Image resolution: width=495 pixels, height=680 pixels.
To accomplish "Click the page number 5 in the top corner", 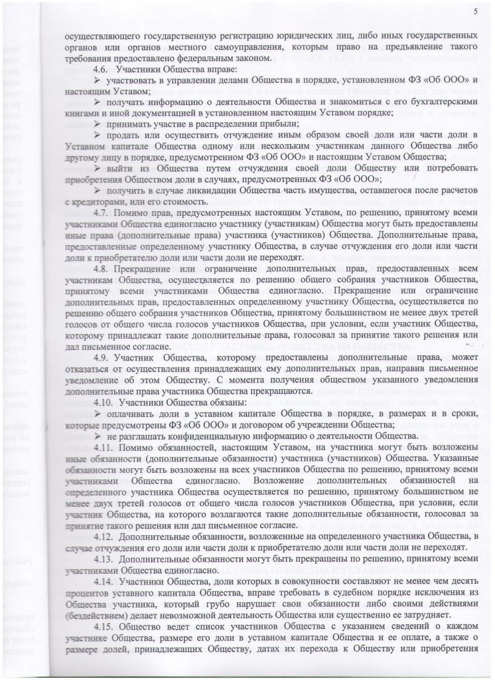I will pos(475,10).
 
